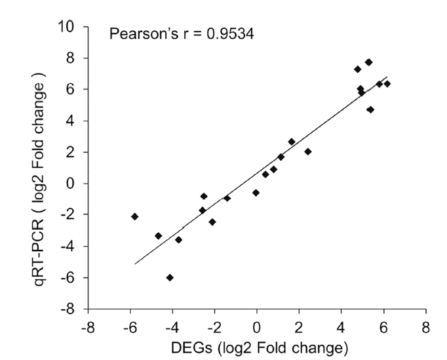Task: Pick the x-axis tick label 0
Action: tap(257, 326)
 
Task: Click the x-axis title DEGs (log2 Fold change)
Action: tap(257, 346)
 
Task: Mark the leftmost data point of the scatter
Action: tap(134, 216)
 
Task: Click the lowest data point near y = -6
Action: tap(170, 277)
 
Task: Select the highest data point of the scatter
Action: tap(369, 62)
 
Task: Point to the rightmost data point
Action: tap(387, 83)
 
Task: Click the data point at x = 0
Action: tap(256, 192)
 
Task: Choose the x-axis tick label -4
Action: tap(170, 326)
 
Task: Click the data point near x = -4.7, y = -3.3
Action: tap(158, 235)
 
